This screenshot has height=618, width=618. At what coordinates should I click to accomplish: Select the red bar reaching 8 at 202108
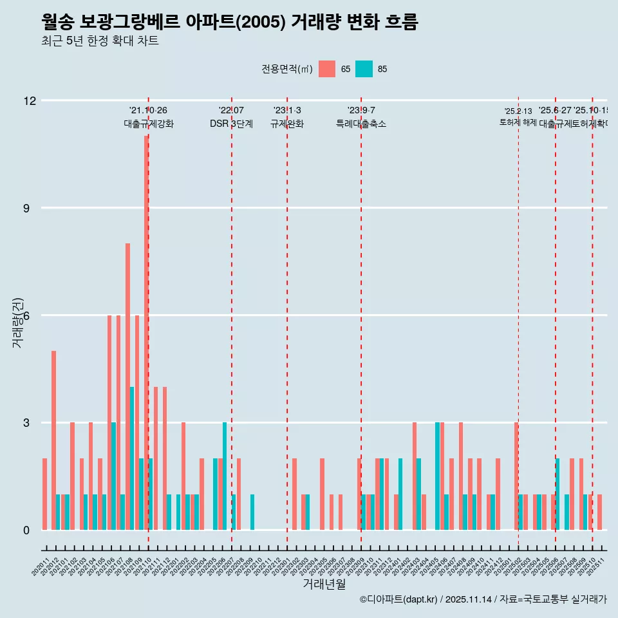click(x=127, y=386)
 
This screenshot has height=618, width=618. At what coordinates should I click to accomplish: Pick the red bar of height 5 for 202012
click(x=53, y=440)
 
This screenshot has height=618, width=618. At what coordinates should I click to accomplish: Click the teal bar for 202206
click(x=225, y=476)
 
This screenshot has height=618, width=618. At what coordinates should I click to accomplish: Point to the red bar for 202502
click(x=516, y=476)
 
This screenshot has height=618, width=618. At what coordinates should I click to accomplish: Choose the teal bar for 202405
click(x=437, y=476)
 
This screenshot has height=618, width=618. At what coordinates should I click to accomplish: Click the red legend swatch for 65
click(x=327, y=69)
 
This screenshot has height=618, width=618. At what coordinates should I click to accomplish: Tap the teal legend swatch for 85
click(x=364, y=69)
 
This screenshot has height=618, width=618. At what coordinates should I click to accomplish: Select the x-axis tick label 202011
click(x=41, y=567)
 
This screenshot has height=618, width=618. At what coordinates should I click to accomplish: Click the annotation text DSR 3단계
click(x=231, y=124)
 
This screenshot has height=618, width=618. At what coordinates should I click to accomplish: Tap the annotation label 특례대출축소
click(x=360, y=124)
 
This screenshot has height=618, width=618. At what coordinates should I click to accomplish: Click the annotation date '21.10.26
click(x=148, y=111)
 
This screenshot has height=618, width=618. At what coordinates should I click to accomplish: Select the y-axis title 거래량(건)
click(x=17, y=322)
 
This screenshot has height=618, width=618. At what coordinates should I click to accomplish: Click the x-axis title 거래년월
click(x=324, y=585)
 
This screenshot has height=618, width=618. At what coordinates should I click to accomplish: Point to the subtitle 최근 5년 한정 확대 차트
click(x=100, y=41)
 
